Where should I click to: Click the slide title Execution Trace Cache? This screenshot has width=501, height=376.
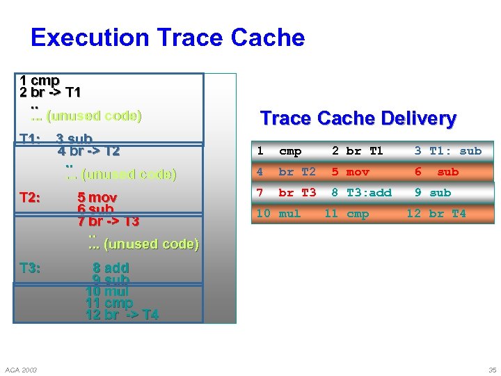[x=168, y=37]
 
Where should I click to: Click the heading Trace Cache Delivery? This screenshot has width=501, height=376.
[x=358, y=118]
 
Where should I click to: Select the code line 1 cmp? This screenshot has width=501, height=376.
[x=40, y=81]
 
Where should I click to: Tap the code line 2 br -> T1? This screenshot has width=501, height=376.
[x=50, y=93]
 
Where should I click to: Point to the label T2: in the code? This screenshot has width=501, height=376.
[x=30, y=198]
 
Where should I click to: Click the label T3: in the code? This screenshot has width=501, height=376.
[x=30, y=268]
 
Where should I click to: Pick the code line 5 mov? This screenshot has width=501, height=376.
[x=97, y=198]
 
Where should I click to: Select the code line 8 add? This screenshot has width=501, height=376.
[x=111, y=268]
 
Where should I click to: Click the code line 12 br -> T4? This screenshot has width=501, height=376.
[x=122, y=315]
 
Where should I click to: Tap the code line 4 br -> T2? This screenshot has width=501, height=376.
[x=88, y=151]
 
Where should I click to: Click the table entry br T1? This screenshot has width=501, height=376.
[x=365, y=151]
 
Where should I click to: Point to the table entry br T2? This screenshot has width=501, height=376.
[x=297, y=172]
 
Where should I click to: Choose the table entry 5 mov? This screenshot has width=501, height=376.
[x=350, y=172]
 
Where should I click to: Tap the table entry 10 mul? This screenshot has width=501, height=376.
[x=278, y=214]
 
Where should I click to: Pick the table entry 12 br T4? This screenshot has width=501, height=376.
[x=436, y=214]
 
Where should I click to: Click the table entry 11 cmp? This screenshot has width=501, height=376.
[x=347, y=214]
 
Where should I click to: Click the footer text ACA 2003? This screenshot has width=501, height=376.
[x=21, y=369]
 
